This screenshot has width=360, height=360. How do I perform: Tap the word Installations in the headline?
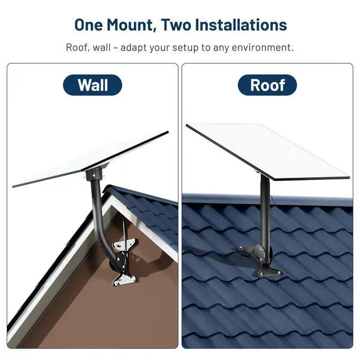pos(241,25)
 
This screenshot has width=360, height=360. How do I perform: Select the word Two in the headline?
pos(176,25)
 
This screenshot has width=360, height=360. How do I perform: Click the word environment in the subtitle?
pos(263,47)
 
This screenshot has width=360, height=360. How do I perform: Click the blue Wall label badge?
pos(92,85)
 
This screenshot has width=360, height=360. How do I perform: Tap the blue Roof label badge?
pos(267,85)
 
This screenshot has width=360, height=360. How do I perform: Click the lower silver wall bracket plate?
pos(124,278)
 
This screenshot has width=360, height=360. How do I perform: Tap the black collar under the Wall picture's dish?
pos(94,173)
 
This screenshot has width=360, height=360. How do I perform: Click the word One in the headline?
pos(88,25)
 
